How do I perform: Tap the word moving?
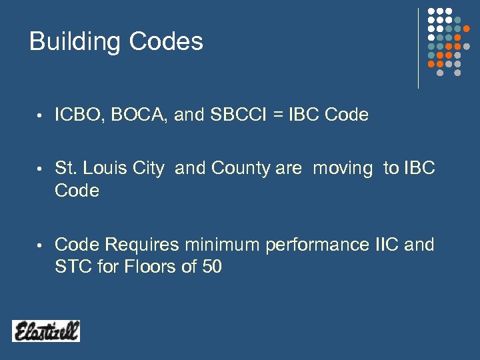click(343, 169)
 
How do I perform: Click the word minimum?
click(222, 245)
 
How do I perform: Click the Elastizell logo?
click(46, 331)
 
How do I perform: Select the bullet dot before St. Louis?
click(40, 170)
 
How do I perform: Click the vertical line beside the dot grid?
click(418, 48)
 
